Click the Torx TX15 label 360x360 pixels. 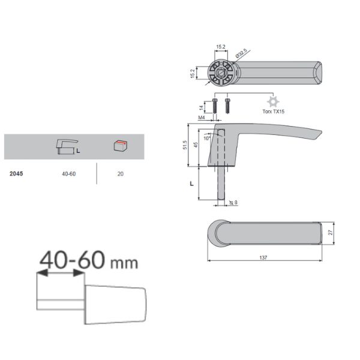click(x=273, y=112)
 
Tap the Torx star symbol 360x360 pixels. click(x=273, y=102)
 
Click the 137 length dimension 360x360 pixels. click(x=263, y=257)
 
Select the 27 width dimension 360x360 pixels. click(x=331, y=232)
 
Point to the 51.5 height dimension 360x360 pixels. click(x=185, y=145)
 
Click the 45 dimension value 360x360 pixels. click(x=196, y=145)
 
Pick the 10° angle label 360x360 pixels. click(x=206, y=138)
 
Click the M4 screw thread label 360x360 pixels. click(x=202, y=118)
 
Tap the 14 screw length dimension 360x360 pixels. click(x=201, y=107)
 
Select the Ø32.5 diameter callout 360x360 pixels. click(x=241, y=53)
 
